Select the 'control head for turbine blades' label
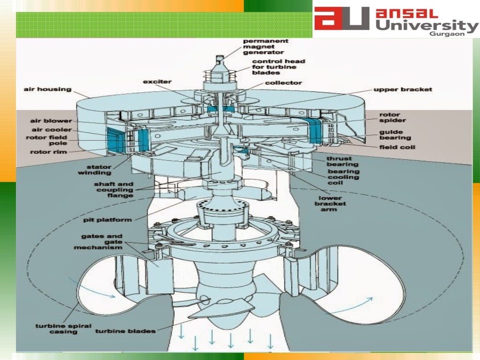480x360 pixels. coord(278,67)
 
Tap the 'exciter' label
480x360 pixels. coord(157,82)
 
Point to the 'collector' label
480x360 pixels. coord(283,83)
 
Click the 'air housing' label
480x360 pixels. coord(47,89)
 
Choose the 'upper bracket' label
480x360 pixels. coord(403,89)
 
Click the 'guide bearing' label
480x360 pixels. coord(395,135)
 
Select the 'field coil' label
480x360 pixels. coord(397,147)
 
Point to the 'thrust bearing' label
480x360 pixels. coord(342,161)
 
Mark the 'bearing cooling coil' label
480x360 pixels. coord(344,177)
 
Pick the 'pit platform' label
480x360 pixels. coord(107,219)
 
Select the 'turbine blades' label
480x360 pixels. coord(125,331)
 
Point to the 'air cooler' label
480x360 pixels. coord(52,129)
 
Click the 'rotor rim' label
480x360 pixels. coord(48,152)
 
